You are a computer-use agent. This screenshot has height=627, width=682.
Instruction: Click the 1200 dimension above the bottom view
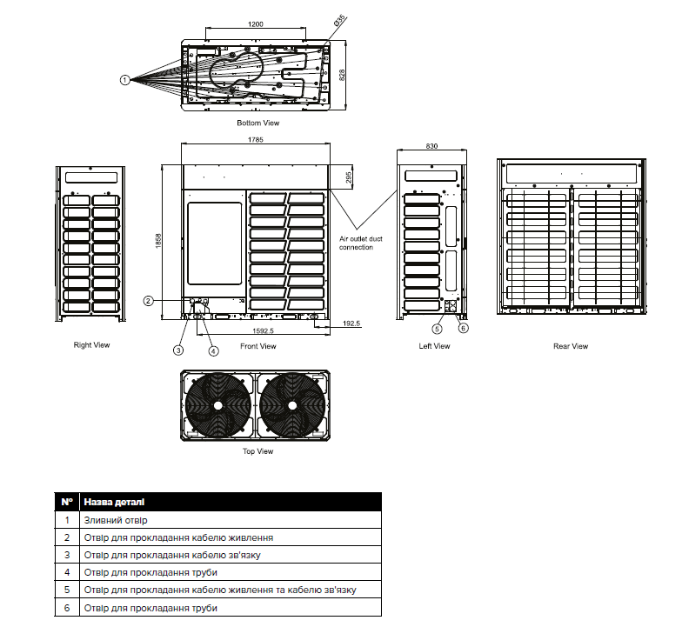(x=255, y=23)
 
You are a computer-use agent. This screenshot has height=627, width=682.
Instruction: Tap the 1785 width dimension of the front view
(x=255, y=139)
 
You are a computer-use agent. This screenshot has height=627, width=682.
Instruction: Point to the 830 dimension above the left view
(x=431, y=145)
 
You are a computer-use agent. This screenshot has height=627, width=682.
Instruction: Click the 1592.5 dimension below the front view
(x=263, y=330)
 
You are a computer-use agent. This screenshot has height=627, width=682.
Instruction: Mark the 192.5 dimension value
(x=351, y=324)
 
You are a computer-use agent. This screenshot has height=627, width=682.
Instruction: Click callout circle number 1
(x=125, y=79)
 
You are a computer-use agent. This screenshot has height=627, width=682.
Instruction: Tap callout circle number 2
(x=149, y=301)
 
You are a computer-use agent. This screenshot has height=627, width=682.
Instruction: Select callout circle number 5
(x=438, y=328)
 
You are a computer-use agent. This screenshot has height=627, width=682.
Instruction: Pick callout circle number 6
(x=464, y=328)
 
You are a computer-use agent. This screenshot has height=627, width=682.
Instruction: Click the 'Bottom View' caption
(x=257, y=123)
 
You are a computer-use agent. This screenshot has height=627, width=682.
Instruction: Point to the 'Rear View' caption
(x=571, y=346)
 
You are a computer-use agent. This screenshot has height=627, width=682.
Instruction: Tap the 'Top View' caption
(x=257, y=451)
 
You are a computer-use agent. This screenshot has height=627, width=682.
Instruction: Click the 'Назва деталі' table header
(x=114, y=502)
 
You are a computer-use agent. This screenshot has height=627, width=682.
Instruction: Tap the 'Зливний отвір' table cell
(x=116, y=520)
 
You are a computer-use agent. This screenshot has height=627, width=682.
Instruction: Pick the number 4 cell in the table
(x=67, y=572)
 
